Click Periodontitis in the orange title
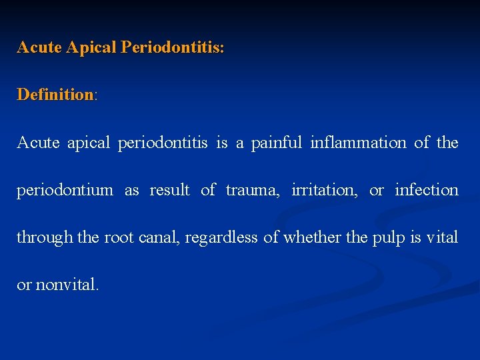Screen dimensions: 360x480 pos(172,48)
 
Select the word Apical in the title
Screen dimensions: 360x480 pos(93,48)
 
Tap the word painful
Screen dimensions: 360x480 pos(277,143)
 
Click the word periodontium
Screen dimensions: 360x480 pos(65,191)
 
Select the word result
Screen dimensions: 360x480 pos(169,191)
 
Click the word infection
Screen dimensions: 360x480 pos(427,191)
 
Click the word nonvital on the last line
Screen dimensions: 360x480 pos(67,285)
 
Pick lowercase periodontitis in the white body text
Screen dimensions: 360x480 pos(163,143)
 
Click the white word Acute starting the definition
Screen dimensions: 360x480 pos(37,143)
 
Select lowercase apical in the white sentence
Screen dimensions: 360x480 pos(89,143)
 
